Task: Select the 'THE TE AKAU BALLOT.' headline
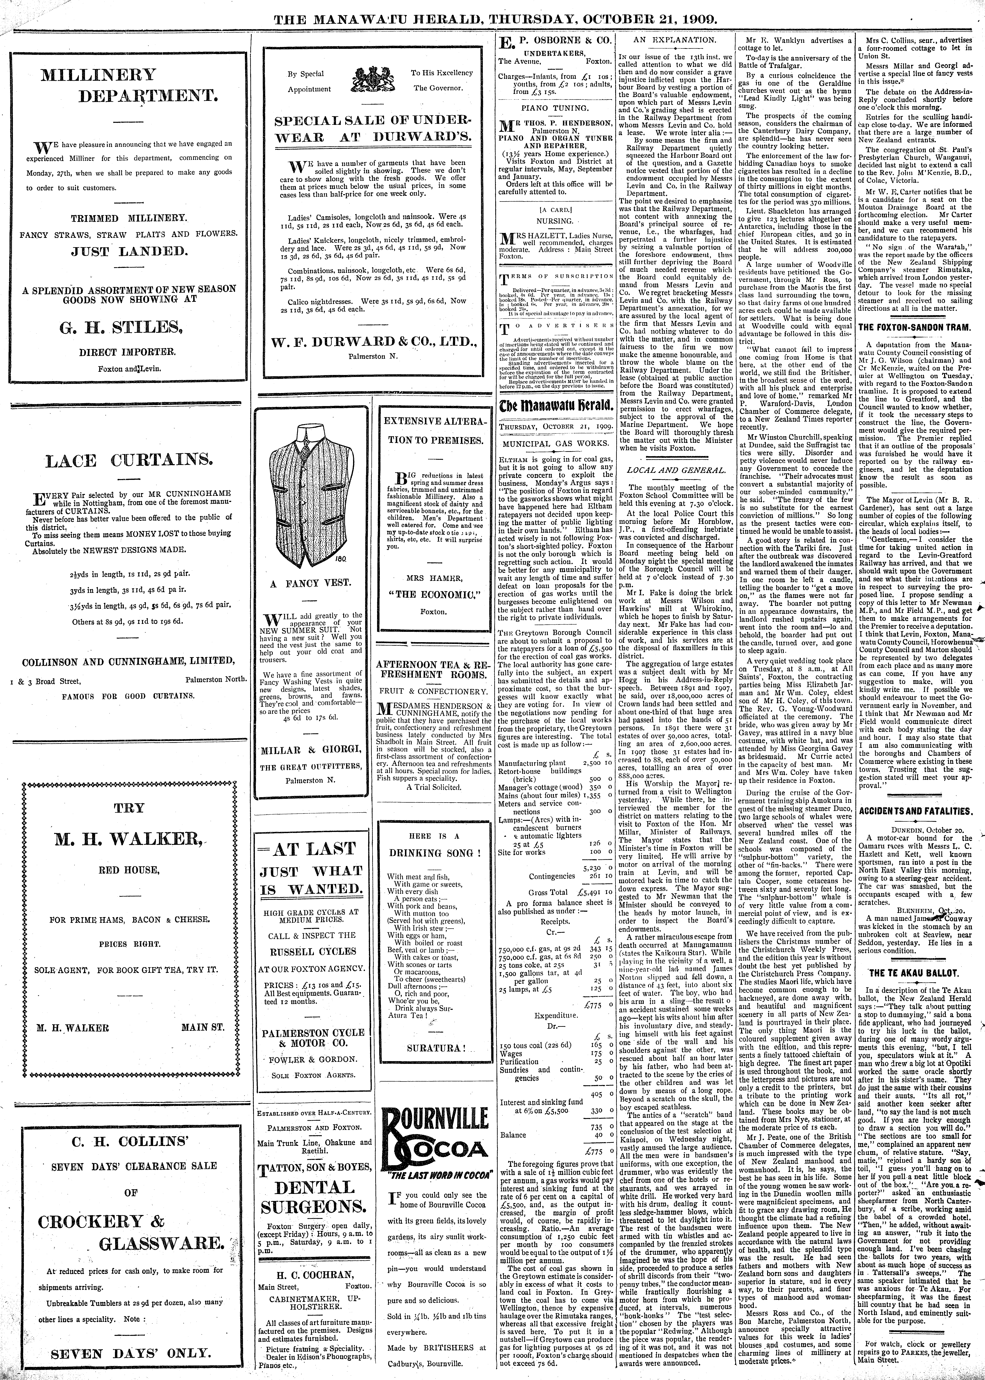[x=915, y=973]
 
